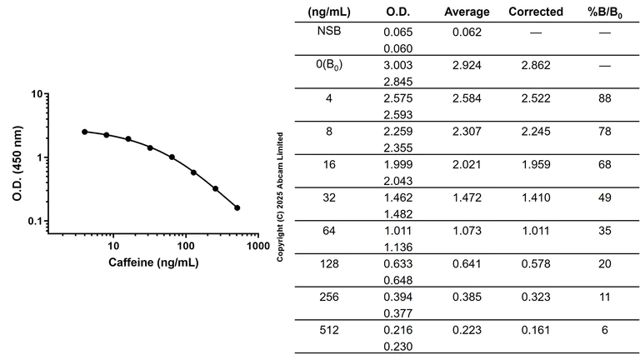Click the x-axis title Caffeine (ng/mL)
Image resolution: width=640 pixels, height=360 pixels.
click(x=153, y=262)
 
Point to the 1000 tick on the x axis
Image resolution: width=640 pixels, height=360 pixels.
click(x=257, y=247)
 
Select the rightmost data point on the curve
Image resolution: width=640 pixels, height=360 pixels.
click(x=237, y=208)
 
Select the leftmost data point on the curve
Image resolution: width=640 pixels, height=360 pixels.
click(x=85, y=132)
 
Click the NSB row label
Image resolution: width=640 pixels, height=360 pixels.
click(x=328, y=32)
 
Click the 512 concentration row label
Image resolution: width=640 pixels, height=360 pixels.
click(x=328, y=330)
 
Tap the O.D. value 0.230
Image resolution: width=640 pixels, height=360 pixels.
click(x=399, y=346)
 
